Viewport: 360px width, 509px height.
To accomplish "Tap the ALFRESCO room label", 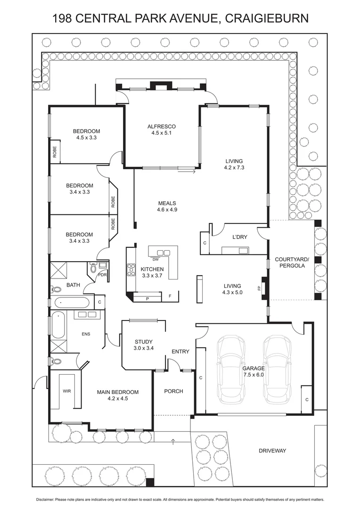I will click(x=161, y=126).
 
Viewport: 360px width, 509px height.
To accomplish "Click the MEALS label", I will click(x=167, y=203).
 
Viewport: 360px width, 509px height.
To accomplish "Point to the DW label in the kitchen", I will click(x=155, y=259).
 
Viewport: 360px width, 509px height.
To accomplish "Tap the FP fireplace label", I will click(x=259, y=288).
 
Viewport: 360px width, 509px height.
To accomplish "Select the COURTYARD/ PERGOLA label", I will click(x=292, y=263).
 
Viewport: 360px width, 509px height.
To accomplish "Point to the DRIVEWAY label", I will click(x=272, y=451).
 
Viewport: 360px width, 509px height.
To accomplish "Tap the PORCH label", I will click(x=173, y=391).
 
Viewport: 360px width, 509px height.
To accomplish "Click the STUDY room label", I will click(x=143, y=342).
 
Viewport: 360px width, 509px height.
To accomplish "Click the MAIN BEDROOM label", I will click(x=118, y=392).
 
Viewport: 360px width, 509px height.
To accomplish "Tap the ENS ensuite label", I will click(x=86, y=334).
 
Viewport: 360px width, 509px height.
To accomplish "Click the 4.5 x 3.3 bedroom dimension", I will click(x=86, y=138).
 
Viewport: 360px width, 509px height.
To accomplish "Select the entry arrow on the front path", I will click(x=173, y=441).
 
